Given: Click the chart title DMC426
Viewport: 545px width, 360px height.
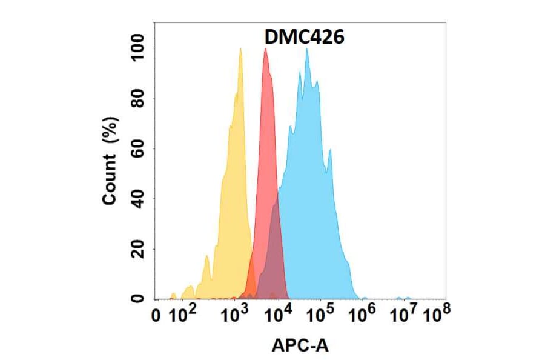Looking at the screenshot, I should [304, 38].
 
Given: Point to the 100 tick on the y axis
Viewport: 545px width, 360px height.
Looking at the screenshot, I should [139, 48].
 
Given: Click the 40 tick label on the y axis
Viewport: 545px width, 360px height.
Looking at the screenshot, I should [139, 199].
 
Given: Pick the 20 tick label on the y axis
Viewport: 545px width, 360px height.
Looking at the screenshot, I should [139, 249].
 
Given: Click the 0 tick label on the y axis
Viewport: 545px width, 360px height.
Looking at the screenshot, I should [139, 299].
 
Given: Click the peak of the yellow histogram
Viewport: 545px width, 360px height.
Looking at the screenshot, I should [240, 49].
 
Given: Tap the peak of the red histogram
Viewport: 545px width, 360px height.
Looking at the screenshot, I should [265, 49].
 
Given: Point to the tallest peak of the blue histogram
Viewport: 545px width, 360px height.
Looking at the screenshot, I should [307, 49].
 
